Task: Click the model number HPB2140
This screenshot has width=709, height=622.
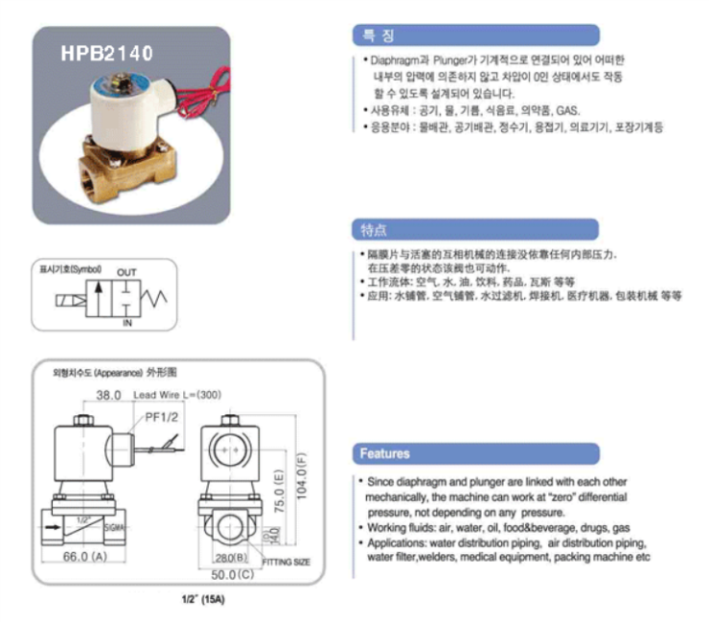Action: [x=106, y=54]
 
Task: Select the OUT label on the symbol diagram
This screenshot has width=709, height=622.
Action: [x=126, y=272]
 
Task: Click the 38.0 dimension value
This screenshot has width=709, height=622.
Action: [x=108, y=395]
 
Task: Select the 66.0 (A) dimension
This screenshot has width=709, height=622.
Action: [x=84, y=557]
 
